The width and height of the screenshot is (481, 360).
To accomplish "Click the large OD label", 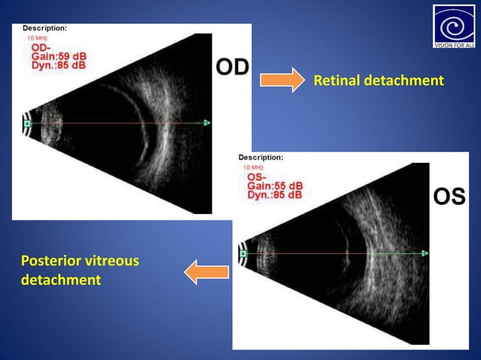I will coord(232,67).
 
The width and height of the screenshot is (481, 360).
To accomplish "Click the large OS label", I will coord(449,197).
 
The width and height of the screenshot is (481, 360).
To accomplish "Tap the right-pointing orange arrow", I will coord(281,80).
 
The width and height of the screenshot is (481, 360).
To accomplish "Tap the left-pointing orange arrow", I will coord(206,271).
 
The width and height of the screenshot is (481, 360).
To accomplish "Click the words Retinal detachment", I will coord(378,80).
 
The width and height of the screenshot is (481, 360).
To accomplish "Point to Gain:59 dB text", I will coord(58,56).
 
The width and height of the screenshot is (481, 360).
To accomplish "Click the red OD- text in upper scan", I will coord(41,47).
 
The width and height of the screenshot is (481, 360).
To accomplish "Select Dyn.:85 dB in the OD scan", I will coord(58,66).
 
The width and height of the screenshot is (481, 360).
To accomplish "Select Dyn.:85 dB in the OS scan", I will coord(275,195).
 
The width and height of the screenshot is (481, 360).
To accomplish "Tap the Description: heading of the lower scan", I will coord(261,157).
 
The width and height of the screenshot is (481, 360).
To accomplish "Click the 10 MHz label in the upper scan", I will coord(37,37).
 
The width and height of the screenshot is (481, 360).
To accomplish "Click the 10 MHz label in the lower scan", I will coord(254,166).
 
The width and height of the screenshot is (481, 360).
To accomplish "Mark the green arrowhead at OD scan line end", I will coord(207,122).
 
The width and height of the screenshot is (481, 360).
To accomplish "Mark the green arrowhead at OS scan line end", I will coord(424,253).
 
